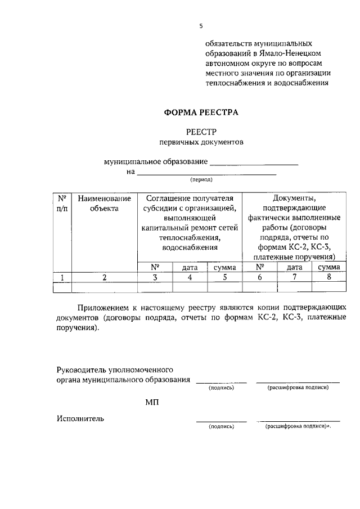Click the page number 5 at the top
[201, 26]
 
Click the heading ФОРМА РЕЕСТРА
[201, 112]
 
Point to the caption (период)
[201, 181]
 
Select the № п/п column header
[61, 203]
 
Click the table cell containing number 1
[61, 277]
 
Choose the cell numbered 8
[329, 277]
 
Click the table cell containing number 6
[259, 277]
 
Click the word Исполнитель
[80, 418]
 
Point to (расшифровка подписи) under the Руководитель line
[298, 388]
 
